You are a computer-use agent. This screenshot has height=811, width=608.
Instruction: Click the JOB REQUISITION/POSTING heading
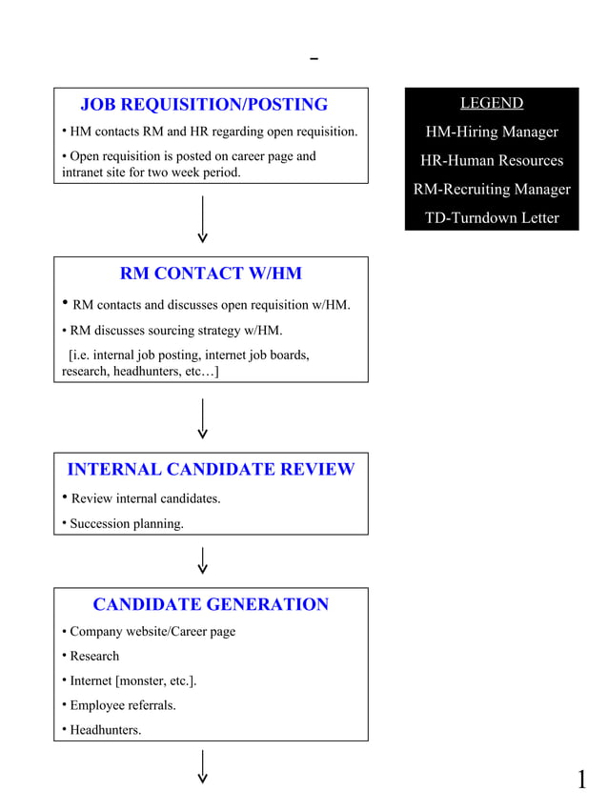point(203,105)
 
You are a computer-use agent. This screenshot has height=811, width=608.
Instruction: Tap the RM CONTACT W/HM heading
point(211,274)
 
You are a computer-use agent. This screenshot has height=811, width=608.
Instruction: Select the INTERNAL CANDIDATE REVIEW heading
point(211,470)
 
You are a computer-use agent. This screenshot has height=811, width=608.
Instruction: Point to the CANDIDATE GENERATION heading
point(211,605)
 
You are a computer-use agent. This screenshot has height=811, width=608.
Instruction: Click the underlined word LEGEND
point(492,103)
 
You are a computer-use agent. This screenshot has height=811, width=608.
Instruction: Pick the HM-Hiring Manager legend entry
point(492,132)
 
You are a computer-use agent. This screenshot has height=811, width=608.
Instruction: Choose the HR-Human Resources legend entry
point(492,160)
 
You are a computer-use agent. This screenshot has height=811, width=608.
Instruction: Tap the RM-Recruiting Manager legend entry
point(492,189)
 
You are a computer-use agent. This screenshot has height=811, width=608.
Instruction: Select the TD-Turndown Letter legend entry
point(492,217)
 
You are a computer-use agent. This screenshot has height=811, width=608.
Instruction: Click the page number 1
point(581,781)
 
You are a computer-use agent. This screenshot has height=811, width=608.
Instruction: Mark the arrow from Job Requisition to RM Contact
point(203,219)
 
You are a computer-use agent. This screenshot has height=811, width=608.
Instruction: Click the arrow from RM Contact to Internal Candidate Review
point(203,418)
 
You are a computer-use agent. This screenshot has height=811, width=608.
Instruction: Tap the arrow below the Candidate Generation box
point(203,766)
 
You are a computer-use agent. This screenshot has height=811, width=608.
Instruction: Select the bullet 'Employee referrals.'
point(122,705)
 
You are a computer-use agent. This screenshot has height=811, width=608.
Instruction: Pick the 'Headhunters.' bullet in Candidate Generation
point(105,730)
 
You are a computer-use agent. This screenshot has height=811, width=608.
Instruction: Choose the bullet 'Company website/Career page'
point(152,631)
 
